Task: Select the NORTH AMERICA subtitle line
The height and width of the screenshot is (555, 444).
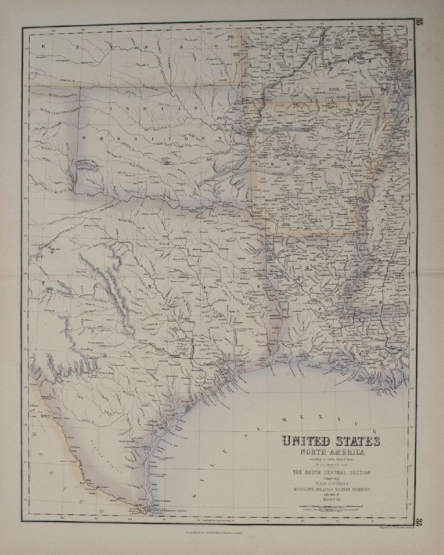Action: click(330, 452)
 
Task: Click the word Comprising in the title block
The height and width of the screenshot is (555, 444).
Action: click(331, 478)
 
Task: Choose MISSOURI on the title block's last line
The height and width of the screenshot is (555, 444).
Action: click(331, 499)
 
